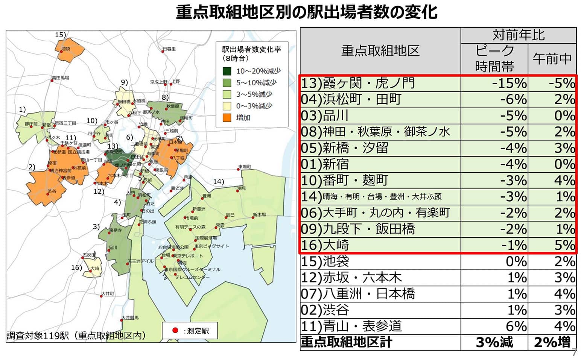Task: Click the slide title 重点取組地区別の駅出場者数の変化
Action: [x=307, y=12]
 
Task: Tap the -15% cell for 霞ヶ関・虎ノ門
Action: [x=510, y=83]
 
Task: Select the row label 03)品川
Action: [x=325, y=115]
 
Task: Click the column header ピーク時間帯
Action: [x=494, y=58]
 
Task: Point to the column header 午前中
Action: [x=552, y=58]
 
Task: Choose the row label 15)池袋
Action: [x=325, y=261]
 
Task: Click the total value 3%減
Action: [x=494, y=342]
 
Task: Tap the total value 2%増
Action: [x=552, y=342]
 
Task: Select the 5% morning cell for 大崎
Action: [x=564, y=245]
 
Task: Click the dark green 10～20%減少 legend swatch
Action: [x=227, y=71]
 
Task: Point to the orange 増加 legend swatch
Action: [x=227, y=118]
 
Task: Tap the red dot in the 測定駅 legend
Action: [x=175, y=331]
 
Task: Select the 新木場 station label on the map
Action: [x=260, y=215]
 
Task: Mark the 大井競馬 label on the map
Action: [x=130, y=318]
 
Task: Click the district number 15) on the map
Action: [x=60, y=35]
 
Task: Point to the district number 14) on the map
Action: [x=219, y=182]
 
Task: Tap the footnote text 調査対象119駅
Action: [x=38, y=336]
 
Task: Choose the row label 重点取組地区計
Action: [x=346, y=342]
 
